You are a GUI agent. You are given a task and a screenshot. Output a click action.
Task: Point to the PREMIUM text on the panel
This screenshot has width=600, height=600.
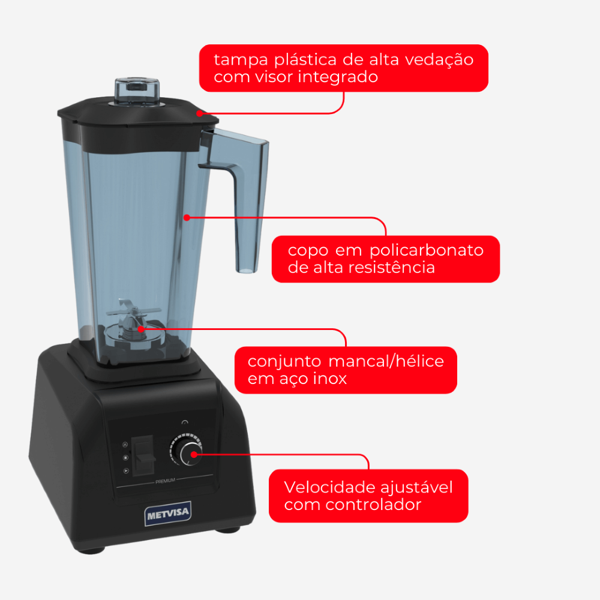pos(166,481)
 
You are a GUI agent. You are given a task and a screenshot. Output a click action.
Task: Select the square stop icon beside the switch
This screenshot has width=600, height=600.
pos(125,458)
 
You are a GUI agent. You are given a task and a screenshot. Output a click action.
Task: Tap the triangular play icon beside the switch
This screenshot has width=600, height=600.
pos(126,470)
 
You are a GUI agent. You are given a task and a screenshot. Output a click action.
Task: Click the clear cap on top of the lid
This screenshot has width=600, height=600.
pos(137,91)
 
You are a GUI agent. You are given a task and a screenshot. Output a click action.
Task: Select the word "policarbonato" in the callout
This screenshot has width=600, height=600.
pos(426,251)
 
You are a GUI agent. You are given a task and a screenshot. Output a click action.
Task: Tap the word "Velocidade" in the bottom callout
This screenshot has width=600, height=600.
pos(326,487)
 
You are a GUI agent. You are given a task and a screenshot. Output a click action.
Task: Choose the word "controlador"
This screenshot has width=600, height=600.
pos(373,505)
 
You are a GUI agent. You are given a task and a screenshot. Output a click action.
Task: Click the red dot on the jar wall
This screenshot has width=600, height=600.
pos(187,218)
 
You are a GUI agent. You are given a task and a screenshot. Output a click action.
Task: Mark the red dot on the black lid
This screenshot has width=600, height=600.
pos(199,113)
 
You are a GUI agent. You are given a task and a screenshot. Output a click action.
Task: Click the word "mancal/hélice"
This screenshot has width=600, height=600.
pos(386,361)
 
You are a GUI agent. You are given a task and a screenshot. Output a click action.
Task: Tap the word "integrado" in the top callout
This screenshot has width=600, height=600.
pos(338,77)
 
